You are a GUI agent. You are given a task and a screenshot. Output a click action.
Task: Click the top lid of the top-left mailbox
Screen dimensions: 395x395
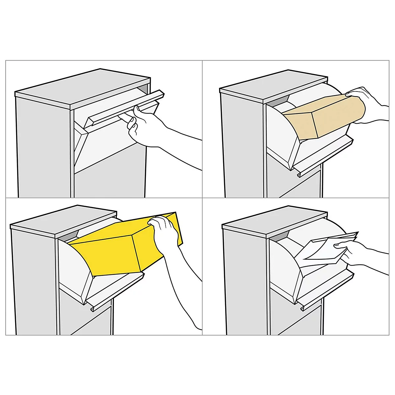(x=82, y=87)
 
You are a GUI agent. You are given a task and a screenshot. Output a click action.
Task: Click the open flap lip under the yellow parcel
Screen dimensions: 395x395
(x=115, y=290)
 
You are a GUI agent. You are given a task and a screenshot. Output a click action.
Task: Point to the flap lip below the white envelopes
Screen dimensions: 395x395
(x=326, y=290)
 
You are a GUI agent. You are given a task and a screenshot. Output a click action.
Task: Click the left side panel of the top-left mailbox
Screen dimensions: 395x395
(x=43, y=148)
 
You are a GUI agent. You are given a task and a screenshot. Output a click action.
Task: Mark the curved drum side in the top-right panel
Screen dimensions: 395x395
(x=280, y=132)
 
